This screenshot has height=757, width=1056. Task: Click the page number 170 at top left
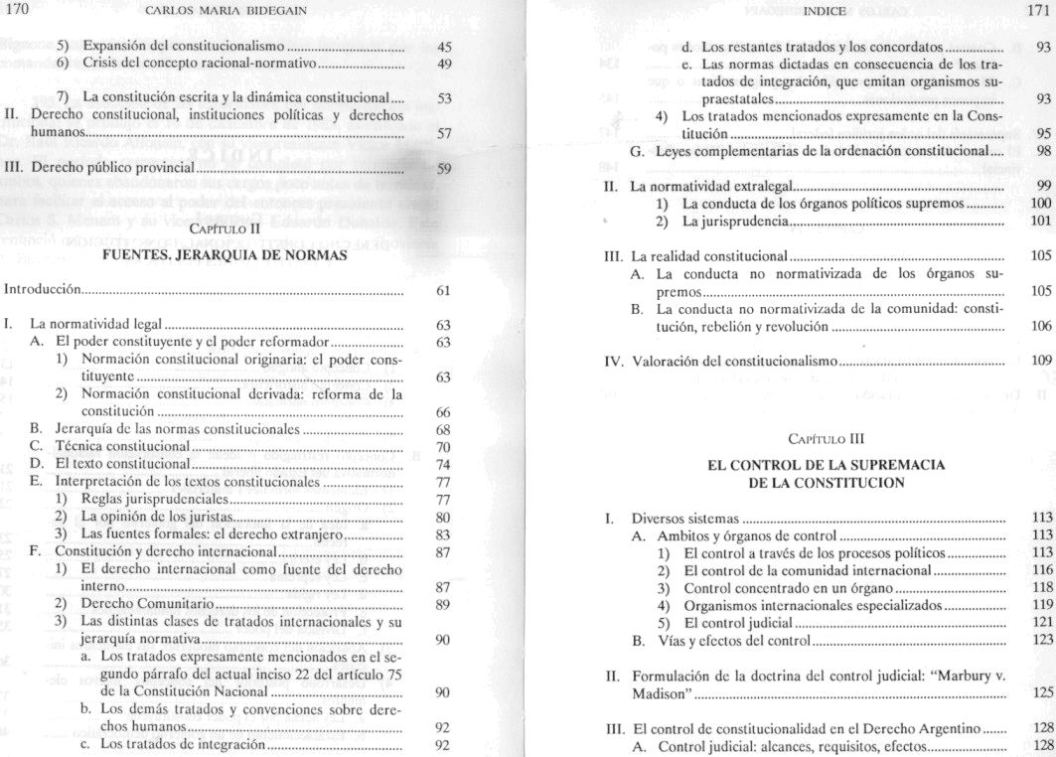point(17,11)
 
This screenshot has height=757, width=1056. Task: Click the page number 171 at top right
point(1036,11)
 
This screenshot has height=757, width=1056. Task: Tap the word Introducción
point(43,291)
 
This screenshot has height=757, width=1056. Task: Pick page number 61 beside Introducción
point(443,291)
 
